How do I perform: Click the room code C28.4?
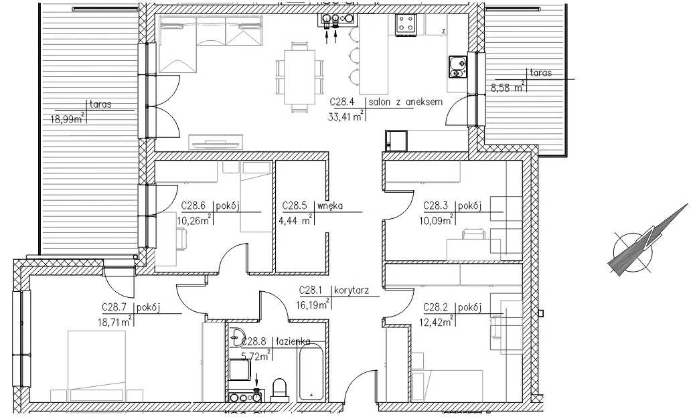tap(341, 102)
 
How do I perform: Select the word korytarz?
tap(352, 290)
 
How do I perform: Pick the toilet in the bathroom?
tap(279, 389)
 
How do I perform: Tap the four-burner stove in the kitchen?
tap(406, 24)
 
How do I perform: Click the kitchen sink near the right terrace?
tap(457, 67)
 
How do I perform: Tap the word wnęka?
tap(329, 205)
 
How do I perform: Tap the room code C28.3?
tap(436, 205)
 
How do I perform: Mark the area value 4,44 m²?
tap(297, 220)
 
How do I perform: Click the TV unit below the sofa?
tap(216, 143)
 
